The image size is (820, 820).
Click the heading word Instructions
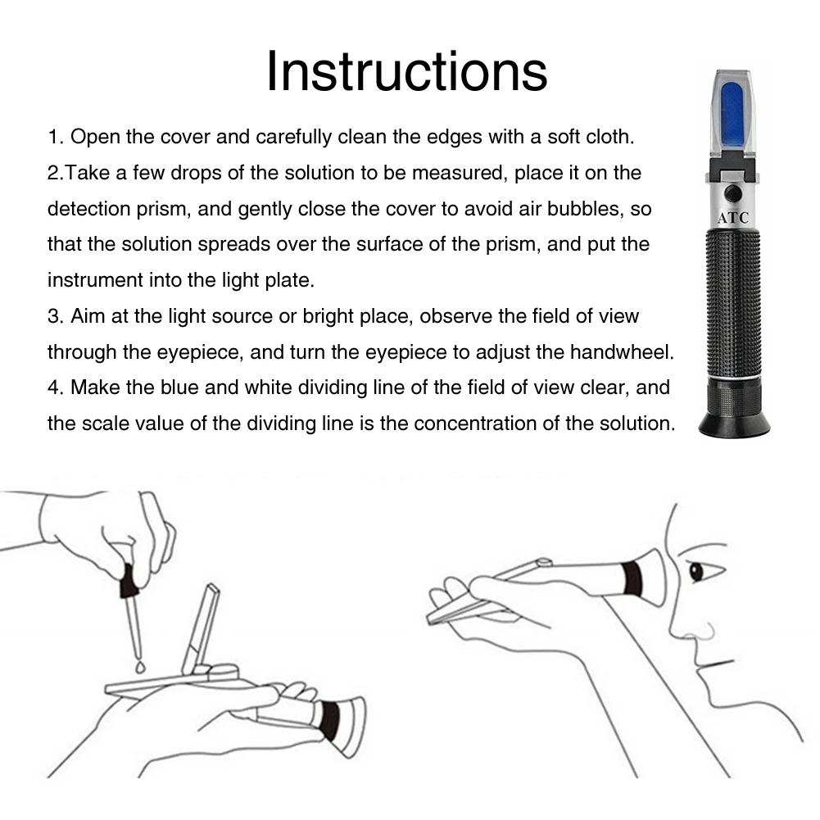coord(407,71)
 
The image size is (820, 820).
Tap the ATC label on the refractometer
coord(732,218)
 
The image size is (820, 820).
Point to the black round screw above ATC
coord(733,194)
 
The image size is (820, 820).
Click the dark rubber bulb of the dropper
coord(129,581)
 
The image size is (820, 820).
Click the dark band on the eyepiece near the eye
coord(632,578)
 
